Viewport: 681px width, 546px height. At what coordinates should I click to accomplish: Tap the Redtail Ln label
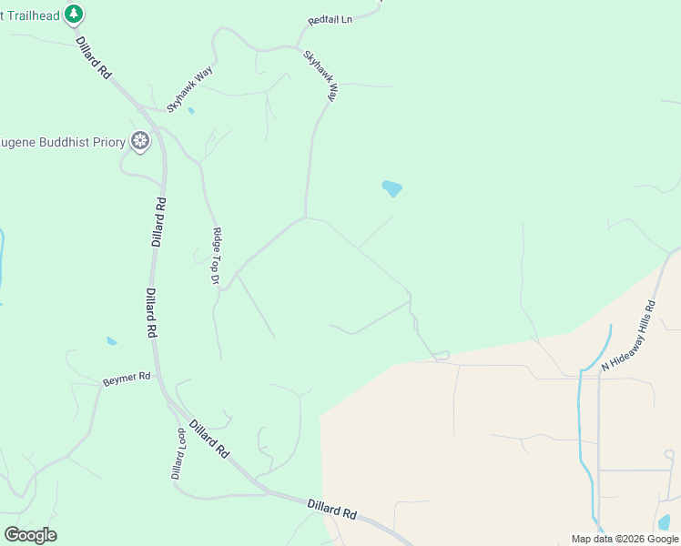click(x=330, y=19)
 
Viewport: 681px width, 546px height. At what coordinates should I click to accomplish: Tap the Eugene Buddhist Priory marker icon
click(x=139, y=140)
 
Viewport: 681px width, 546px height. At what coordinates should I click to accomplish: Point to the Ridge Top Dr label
click(x=217, y=256)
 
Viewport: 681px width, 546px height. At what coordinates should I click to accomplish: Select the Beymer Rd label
click(x=126, y=377)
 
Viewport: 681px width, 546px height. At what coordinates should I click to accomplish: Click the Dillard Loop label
click(x=179, y=453)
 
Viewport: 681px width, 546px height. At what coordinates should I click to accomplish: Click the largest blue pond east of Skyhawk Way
click(x=392, y=188)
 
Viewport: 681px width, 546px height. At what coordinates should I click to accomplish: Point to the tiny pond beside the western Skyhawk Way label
click(x=190, y=111)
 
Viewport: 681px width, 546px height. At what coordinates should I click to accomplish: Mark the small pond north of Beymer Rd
click(x=111, y=341)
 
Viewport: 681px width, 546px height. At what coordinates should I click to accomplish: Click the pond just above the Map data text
click(x=664, y=522)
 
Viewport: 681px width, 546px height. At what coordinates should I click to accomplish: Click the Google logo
click(x=30, y=535)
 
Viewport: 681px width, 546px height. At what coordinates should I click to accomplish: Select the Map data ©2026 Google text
click(x=625, y=539)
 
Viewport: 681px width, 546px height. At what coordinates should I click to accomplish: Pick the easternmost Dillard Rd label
click(x=331, y=509)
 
